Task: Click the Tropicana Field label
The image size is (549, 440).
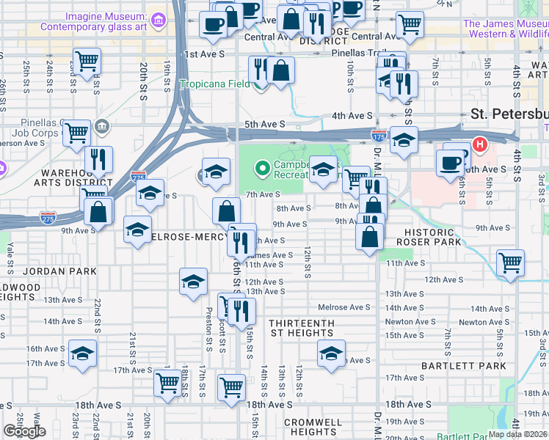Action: pyautogui.click(x=215, y=84)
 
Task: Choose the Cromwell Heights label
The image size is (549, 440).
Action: pyautogui.click(x=313, y=427)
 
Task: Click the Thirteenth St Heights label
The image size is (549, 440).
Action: pyautogui.click(x=301, y=328)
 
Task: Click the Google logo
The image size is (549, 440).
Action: pyautogui.click(x=24, y=432)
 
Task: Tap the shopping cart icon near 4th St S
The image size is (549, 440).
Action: pyautogui.click(x=510, y=262)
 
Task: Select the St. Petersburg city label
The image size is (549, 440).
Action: pyautogui.click(x=509, y=114)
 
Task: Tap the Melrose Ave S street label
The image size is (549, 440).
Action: pyautogui.click(x=345, y=307)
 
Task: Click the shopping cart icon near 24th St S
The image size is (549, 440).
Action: pyautogui.click(x=87, y=61)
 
